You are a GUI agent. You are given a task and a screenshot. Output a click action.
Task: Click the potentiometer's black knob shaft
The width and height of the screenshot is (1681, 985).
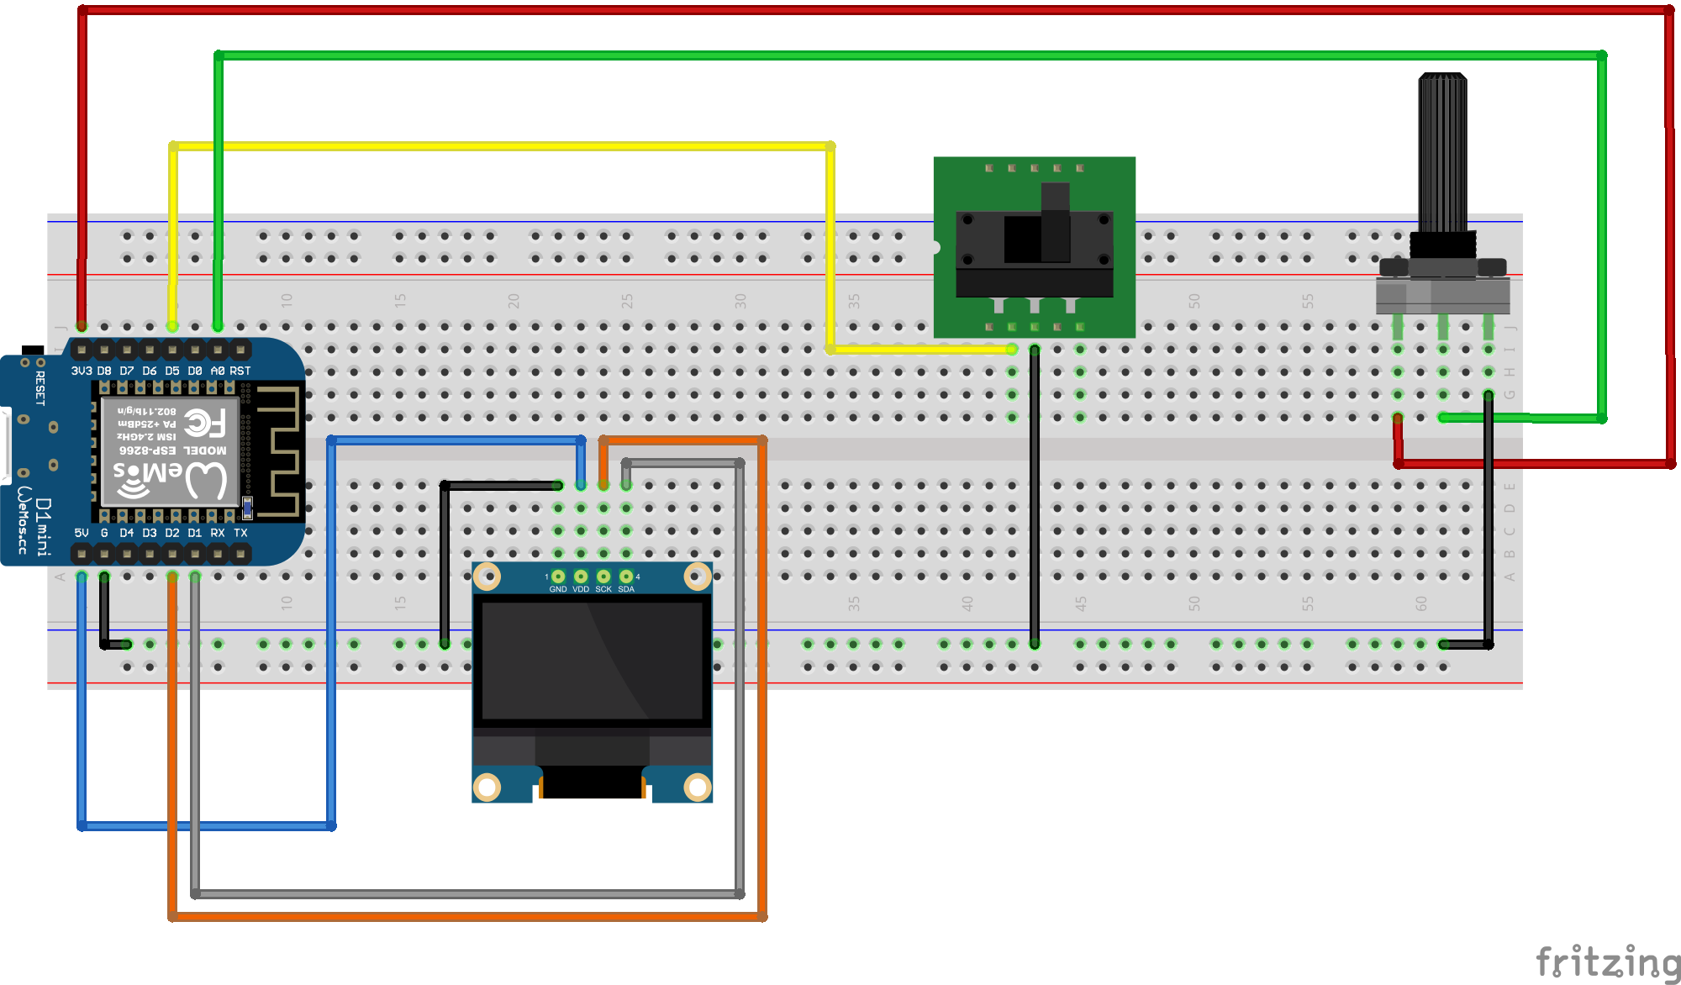tap(1442, 151)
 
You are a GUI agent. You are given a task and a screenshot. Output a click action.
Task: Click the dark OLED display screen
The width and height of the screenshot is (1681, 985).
tap(592, 660)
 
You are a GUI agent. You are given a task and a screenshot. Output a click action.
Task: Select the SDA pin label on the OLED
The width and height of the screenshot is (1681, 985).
tap(626, 589)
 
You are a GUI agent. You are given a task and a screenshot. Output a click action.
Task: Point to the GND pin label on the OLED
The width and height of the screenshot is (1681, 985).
tap(558, 589)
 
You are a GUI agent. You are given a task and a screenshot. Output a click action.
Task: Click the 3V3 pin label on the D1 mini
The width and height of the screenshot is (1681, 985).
tap(82, 371)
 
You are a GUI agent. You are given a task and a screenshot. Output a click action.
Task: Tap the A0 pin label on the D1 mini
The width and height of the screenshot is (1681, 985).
tap(218, 371)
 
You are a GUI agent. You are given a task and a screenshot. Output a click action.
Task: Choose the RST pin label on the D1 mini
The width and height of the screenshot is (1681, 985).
tap(240, 371)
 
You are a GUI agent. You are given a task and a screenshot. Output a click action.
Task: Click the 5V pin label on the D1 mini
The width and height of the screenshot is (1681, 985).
tap(82, 533)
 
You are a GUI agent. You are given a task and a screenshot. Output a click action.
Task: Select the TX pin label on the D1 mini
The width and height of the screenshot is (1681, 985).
tap(240, 533)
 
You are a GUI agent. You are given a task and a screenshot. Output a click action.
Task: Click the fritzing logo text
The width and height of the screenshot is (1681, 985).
tap(1607, 961)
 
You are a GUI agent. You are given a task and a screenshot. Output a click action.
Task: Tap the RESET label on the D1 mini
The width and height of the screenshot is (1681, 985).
tap(40, 388)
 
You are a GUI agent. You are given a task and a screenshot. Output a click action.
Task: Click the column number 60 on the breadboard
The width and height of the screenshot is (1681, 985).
tap(1420, 603)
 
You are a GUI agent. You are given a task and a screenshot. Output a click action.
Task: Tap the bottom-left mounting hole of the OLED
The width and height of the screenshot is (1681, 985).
tap(487, 787)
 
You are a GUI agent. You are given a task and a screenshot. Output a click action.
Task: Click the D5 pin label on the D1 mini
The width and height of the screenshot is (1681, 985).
tap(172, 371)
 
